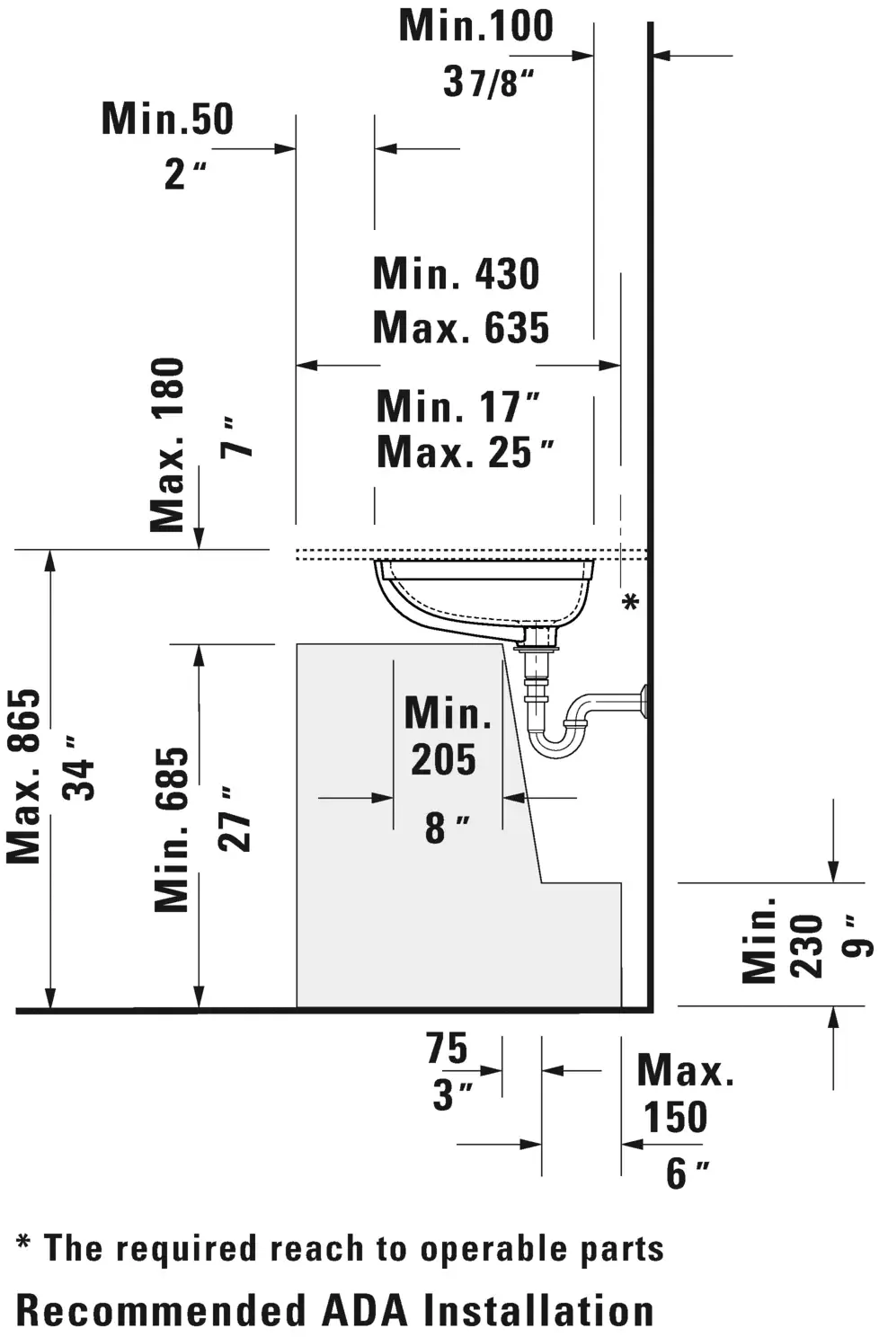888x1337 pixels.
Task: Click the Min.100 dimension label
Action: [476, 26]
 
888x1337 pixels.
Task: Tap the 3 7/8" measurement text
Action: [488, 82]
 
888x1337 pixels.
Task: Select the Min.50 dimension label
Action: [168, 119]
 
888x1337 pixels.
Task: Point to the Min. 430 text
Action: [457, 273]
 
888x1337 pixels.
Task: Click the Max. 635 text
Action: [461, 327]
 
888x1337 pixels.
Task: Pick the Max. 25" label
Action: [466, 452]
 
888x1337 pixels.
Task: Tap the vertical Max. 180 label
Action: [167, 445]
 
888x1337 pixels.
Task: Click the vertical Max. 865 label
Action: [24, 776]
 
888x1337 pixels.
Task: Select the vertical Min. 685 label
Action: [172, 829]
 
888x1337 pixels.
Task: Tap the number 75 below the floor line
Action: [447, 1048]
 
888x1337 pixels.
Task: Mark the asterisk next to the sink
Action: [631, 601]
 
